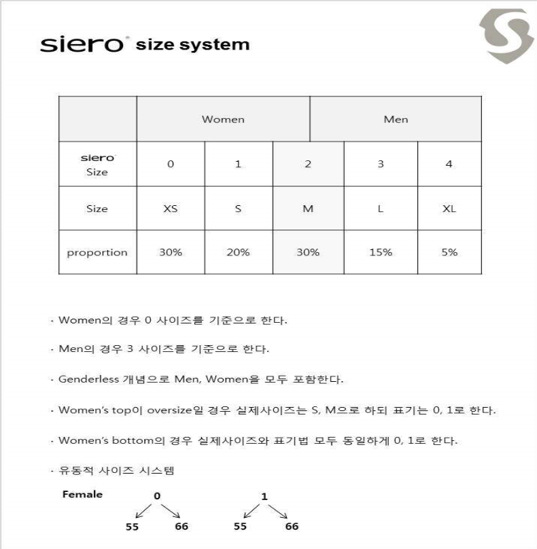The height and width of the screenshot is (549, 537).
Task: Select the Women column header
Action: [x=223, y=119]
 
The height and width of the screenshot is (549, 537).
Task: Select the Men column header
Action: [x=396, y=119]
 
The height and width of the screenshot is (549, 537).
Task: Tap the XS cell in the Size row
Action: [x=171, y=209]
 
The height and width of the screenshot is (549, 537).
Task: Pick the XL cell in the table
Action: [x=449, y=209]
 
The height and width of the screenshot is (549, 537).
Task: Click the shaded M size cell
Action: [x=308, y=209]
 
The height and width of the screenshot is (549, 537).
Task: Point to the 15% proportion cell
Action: [x=381, y=252]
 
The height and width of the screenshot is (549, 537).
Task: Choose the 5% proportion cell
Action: [x=449, y=252]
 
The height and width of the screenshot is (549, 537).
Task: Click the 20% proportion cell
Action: [x=238, y=252]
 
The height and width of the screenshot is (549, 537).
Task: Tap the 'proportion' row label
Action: [x=97, y=253]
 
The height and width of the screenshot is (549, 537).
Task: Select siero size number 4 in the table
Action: [x=449, y=164]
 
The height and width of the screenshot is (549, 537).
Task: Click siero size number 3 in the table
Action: [x=381, y=164]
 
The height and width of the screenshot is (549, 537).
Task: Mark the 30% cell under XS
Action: [x=171, y=252]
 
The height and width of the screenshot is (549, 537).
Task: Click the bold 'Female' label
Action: [x=82, y=494]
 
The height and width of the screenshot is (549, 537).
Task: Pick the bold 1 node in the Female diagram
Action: [x=264, y=496]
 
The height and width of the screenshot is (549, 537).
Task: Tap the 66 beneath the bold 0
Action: [x=181, y=527]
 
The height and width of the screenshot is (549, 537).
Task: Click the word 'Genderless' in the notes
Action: [x=86, y=379]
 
